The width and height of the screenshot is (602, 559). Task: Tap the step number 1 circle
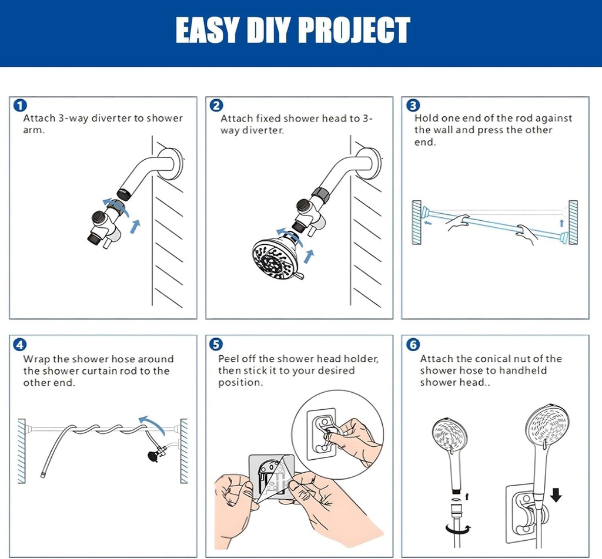(x=20, y=106)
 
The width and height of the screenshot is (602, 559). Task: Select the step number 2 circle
(x=216, y=106)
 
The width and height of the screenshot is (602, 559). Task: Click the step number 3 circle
(x=413, y=106)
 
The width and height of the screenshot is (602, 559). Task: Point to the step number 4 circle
(x=20, y=345)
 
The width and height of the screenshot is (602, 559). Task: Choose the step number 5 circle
(x=216, y=345)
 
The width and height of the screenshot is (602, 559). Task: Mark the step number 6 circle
(x=413, y=345)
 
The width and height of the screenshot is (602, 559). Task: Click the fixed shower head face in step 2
(x=275, y=258)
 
